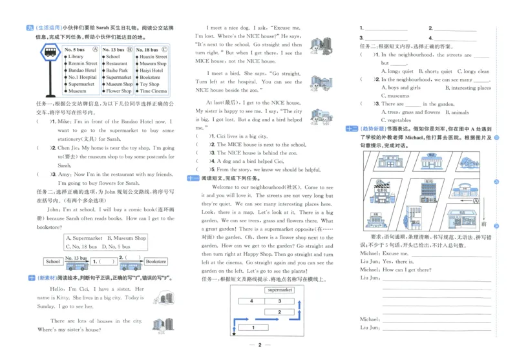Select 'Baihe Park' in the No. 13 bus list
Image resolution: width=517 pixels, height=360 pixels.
coord(117,70)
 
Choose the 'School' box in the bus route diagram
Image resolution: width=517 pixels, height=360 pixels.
coord(52,262)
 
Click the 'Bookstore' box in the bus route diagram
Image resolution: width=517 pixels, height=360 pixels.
coord(156,262)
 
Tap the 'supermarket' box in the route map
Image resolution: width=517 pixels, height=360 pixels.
coord(279,291)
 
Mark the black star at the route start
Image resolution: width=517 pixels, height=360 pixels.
coord(233,334)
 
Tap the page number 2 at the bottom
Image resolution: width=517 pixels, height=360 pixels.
coord(258,345)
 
